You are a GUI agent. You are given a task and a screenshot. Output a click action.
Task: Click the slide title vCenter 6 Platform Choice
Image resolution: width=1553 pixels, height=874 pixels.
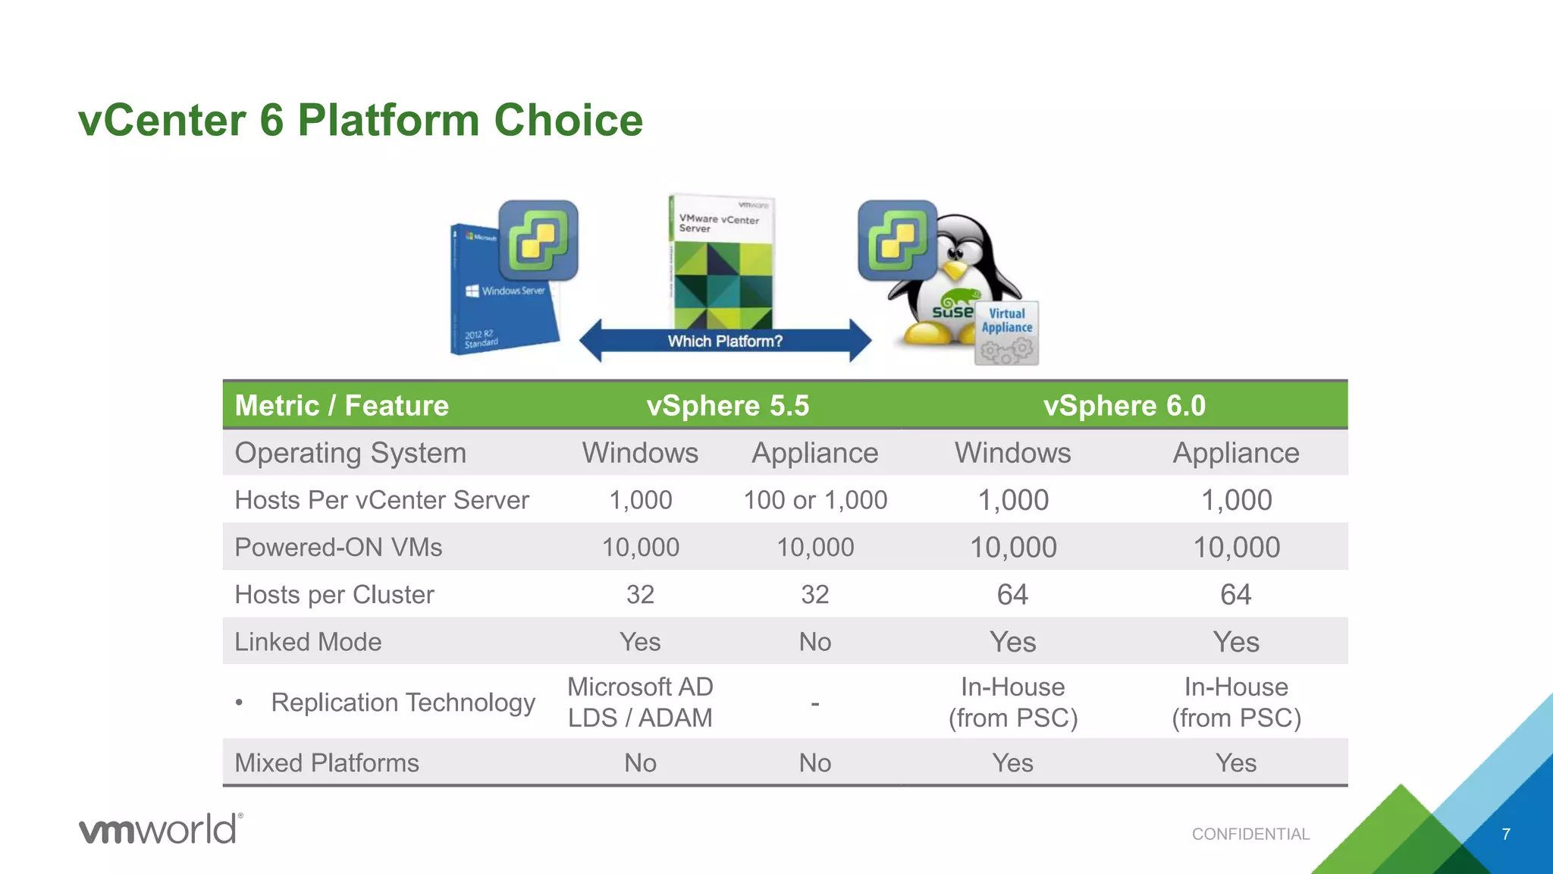(x=360, y=121)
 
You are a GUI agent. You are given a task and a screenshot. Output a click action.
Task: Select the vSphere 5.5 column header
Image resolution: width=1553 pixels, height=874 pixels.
(x=727, y=406)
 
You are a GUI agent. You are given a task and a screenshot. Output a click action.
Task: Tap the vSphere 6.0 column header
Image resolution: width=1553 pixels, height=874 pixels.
(x=1124, y=406)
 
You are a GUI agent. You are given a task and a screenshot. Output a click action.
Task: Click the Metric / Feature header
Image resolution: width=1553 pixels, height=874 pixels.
(x=341, y=406)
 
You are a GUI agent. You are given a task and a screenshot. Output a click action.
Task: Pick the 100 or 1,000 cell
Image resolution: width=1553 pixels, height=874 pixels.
(x=815, y=501)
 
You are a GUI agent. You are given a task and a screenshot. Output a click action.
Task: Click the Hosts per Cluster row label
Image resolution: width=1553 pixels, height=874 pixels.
(x=334, y=595)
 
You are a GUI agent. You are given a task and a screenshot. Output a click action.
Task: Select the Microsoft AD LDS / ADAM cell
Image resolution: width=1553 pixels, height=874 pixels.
(x=640, y=703)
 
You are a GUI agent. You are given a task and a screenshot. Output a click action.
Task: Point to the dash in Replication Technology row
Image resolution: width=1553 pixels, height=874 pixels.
(x=815, y=704)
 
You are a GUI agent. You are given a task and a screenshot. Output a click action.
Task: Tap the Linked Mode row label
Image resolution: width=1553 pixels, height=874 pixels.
(x=308, y=642)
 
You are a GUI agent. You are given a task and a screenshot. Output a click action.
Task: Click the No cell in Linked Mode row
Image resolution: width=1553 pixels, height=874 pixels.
(x=815, y=642)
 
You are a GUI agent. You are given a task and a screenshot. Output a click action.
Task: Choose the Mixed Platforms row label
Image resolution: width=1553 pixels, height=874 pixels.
(x=327, y=763)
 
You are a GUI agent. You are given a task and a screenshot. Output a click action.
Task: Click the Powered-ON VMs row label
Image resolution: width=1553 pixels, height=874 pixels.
(x=338, y=548)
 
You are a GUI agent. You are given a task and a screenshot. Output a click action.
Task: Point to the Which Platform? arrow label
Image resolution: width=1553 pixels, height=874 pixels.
(x=725, y=341)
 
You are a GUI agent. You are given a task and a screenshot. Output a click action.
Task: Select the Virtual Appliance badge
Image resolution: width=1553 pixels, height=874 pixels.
(x=1007, y=332)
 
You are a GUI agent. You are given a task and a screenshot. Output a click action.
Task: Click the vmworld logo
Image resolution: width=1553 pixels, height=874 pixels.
(x=161, y=829)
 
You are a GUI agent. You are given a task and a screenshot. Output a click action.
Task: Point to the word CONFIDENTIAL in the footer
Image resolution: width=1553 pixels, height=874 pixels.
(x=1250, y=835)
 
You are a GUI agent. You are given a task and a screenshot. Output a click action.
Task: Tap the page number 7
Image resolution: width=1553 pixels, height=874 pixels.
(x=1506, y=835)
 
